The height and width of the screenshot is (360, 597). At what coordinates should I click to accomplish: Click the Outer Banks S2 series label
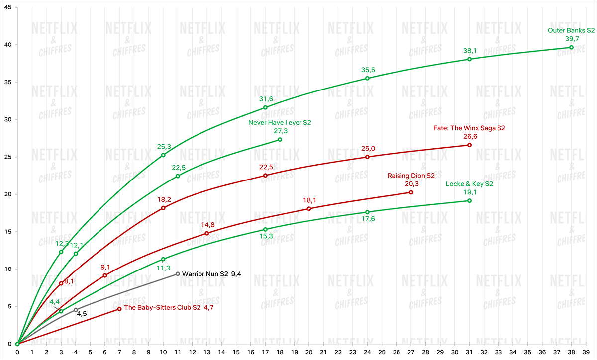tap(571, 30)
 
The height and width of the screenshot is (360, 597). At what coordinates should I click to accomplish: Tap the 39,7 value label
tap(571, 38)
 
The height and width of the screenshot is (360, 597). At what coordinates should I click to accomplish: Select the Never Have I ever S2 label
tap(280, 122)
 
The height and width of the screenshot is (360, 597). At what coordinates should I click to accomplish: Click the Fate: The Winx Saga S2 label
tap(469, 128)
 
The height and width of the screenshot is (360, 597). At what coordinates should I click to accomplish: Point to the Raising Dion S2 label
tap(411, 176)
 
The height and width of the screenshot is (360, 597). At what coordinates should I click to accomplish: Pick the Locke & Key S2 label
tap(469, 184)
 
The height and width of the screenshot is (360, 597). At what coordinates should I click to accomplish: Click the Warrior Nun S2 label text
tap(205, 273)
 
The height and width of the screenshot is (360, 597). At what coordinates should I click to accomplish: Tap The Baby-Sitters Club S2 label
tap(162, 308)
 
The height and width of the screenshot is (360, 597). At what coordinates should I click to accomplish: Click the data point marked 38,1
tap(469, 59)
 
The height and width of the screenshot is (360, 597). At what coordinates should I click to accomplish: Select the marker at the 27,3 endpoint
tap(280, 140)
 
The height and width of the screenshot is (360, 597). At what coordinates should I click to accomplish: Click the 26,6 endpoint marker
tap(469, 145)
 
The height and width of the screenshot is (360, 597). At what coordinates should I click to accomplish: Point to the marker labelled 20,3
tap(411, 192)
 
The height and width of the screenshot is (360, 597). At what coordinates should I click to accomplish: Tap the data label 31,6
tap(265, 99)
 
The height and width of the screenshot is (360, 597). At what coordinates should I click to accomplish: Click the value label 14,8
tap(207, 225)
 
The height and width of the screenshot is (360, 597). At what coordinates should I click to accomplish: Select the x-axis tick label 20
tap(309, 352)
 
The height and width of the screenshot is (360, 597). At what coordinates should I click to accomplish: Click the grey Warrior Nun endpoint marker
tap(178, 274)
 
